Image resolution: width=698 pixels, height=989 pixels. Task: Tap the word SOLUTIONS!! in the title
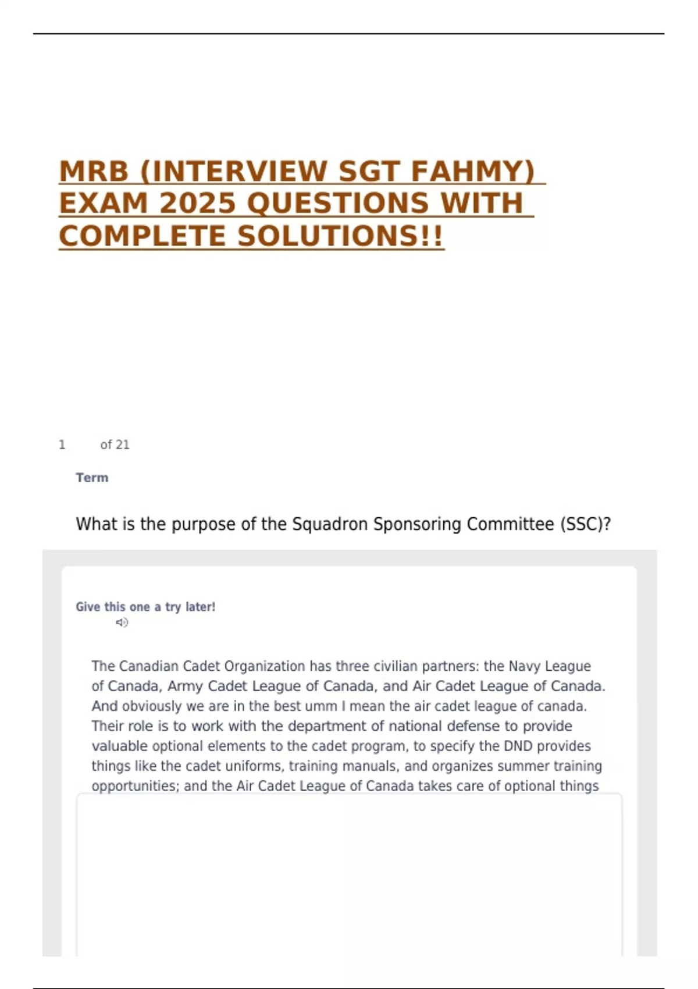pyautogui.click(x=340, y=236)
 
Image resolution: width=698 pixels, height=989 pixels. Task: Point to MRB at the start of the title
pyautogui.click(x=94, y=172)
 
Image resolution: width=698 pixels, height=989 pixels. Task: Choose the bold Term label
pyautogui.click(x=92, y=478)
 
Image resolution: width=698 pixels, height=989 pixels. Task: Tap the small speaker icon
pyautogui.click(x=122, y=622)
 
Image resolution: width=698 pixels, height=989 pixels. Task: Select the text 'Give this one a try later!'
pyautogui.click(x=145, y=607)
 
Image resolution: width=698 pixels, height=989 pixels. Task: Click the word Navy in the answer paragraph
pyautogui.click(x=524, y=666)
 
